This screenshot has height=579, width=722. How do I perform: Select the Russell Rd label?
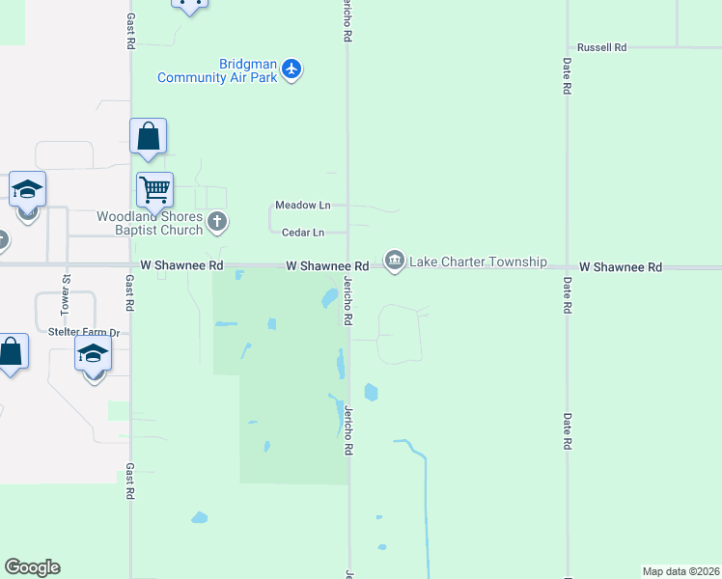point(601,47)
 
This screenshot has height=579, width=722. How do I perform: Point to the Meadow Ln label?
point(302,206)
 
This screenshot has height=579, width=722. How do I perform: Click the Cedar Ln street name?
point(302,233)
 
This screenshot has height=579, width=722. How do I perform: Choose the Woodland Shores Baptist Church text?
point(150,223)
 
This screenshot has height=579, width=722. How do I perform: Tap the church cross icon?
point(217,223)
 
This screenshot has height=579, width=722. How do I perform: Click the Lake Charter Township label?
point(478,262)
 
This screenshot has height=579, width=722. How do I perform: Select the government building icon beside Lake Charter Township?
point(394,262)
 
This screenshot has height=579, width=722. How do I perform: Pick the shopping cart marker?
point(153,189)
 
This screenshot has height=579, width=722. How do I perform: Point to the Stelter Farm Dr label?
point(84,332)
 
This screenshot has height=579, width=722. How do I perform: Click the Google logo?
point(32,567)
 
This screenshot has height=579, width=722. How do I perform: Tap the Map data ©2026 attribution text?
point(680,571)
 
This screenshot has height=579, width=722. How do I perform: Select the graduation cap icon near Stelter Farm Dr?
point(94,352)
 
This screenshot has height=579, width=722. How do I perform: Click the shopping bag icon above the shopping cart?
point(148,136)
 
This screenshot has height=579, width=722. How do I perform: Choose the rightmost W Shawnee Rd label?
point(621,266)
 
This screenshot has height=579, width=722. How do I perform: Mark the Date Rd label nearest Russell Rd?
point(568,75)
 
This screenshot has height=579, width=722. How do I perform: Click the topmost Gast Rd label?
point(130,32)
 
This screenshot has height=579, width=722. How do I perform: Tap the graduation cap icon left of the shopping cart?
point(28,189)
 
